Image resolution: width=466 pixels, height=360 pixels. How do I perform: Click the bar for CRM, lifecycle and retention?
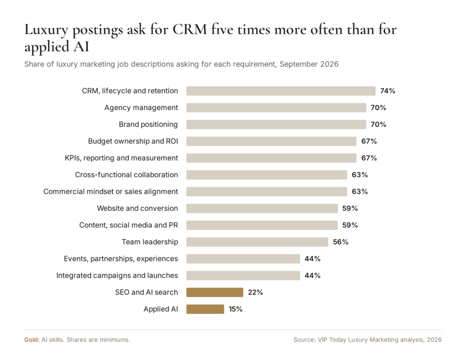tap(281, 91)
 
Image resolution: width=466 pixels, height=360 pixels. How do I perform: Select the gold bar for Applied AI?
tap(205, 309)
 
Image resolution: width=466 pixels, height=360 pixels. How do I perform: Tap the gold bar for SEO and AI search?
tap(215, 293)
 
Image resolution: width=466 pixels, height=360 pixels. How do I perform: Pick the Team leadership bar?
tap(257, 242)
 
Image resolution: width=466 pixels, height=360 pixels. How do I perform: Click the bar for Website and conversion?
tap(262, 208)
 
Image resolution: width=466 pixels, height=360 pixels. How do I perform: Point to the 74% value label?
tap(388, 91)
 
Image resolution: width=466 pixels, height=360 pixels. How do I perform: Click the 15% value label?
tap(235, 309)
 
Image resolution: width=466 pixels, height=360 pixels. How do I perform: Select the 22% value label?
tap(255, 293)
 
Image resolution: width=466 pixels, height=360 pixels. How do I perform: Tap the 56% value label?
tap(340, 242)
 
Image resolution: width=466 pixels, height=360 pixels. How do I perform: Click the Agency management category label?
tap(141, 107)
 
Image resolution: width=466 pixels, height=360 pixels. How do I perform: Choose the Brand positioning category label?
tap(148, 125)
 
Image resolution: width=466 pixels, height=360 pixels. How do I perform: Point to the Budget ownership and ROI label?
tap(133, 141)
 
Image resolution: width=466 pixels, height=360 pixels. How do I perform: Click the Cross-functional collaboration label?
tap(127, 175)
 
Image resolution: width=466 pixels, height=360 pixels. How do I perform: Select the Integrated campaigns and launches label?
tap(117, 275)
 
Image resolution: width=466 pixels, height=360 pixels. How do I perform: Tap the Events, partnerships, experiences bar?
tap(243, 259)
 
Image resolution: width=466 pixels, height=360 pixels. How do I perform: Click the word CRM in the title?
tap(190, 30)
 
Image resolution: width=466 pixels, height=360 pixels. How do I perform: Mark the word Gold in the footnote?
tap(32, 340)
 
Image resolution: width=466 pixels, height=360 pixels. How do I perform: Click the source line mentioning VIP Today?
tap(368, 340)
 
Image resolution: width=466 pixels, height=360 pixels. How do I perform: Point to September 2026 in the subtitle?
tap(309, 64)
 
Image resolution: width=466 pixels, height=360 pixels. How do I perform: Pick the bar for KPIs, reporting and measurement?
tap(271, 158)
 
